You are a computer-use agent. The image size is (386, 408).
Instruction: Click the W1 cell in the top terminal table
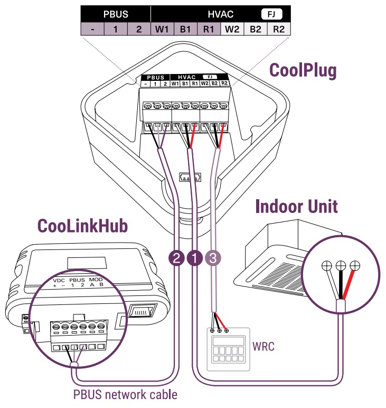point(162,29)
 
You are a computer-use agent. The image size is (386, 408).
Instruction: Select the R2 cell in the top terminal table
point(278,29)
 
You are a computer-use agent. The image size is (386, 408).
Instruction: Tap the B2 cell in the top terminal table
point(255,29)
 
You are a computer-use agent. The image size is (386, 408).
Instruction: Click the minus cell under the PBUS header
point(92,29)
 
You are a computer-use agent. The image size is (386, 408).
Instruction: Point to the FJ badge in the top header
point(272,14)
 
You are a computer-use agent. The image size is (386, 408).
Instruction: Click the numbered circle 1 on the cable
point(195,258)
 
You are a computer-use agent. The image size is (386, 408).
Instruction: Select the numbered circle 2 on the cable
point(176,258)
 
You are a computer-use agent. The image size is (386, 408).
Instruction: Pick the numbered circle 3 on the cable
point(213,258)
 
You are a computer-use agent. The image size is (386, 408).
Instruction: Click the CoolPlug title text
point(303,70)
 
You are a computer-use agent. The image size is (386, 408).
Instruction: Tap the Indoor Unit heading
point(296,206)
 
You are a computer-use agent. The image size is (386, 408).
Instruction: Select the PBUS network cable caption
point(125,394)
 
